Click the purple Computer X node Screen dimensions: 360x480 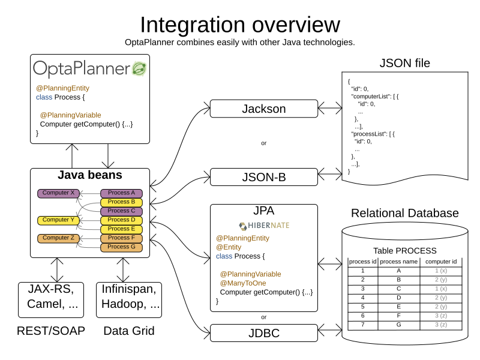pyautogui.click(x=58, y=193)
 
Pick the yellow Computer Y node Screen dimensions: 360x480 pyautogui.click(x=58, y=220)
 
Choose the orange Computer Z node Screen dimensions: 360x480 pyautogui.click(x=58, y=238)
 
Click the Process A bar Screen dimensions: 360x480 pyautogui.click(x=121, y=193)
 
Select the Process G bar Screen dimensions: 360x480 pyautogui.click(x=121, y=247)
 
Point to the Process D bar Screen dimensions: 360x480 pyautogui.click(x=121, y=220)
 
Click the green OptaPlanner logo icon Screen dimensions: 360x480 pyautogui.click(x=139, y=68)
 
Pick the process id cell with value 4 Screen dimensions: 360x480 pyautogui.click(x=362, y=297)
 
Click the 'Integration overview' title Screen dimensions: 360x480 pyautogui.click(x=239, y=25)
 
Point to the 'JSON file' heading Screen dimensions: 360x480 pyautogui.click(x=404, y=63)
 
